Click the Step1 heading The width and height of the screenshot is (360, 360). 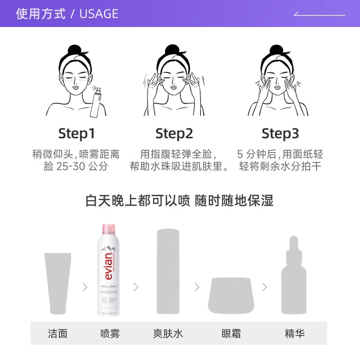click(76, 134)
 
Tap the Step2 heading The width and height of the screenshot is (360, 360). click(174, 134)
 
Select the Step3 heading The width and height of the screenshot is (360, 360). click(280, 134)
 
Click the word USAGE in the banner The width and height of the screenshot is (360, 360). click(99, 14)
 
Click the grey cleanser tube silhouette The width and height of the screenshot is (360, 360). click(58, 283)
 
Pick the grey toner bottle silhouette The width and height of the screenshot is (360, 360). click(167, 271)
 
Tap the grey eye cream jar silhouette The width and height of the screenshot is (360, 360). click(231, 295)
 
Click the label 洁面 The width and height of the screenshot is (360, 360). click(58, 333)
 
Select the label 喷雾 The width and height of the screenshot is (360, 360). click(110, 333)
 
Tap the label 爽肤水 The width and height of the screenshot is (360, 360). click(167, 333)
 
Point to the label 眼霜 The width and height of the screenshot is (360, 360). click(231, 333)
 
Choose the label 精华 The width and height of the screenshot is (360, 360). click(294, 333)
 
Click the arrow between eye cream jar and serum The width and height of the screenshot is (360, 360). click(265, 287)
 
